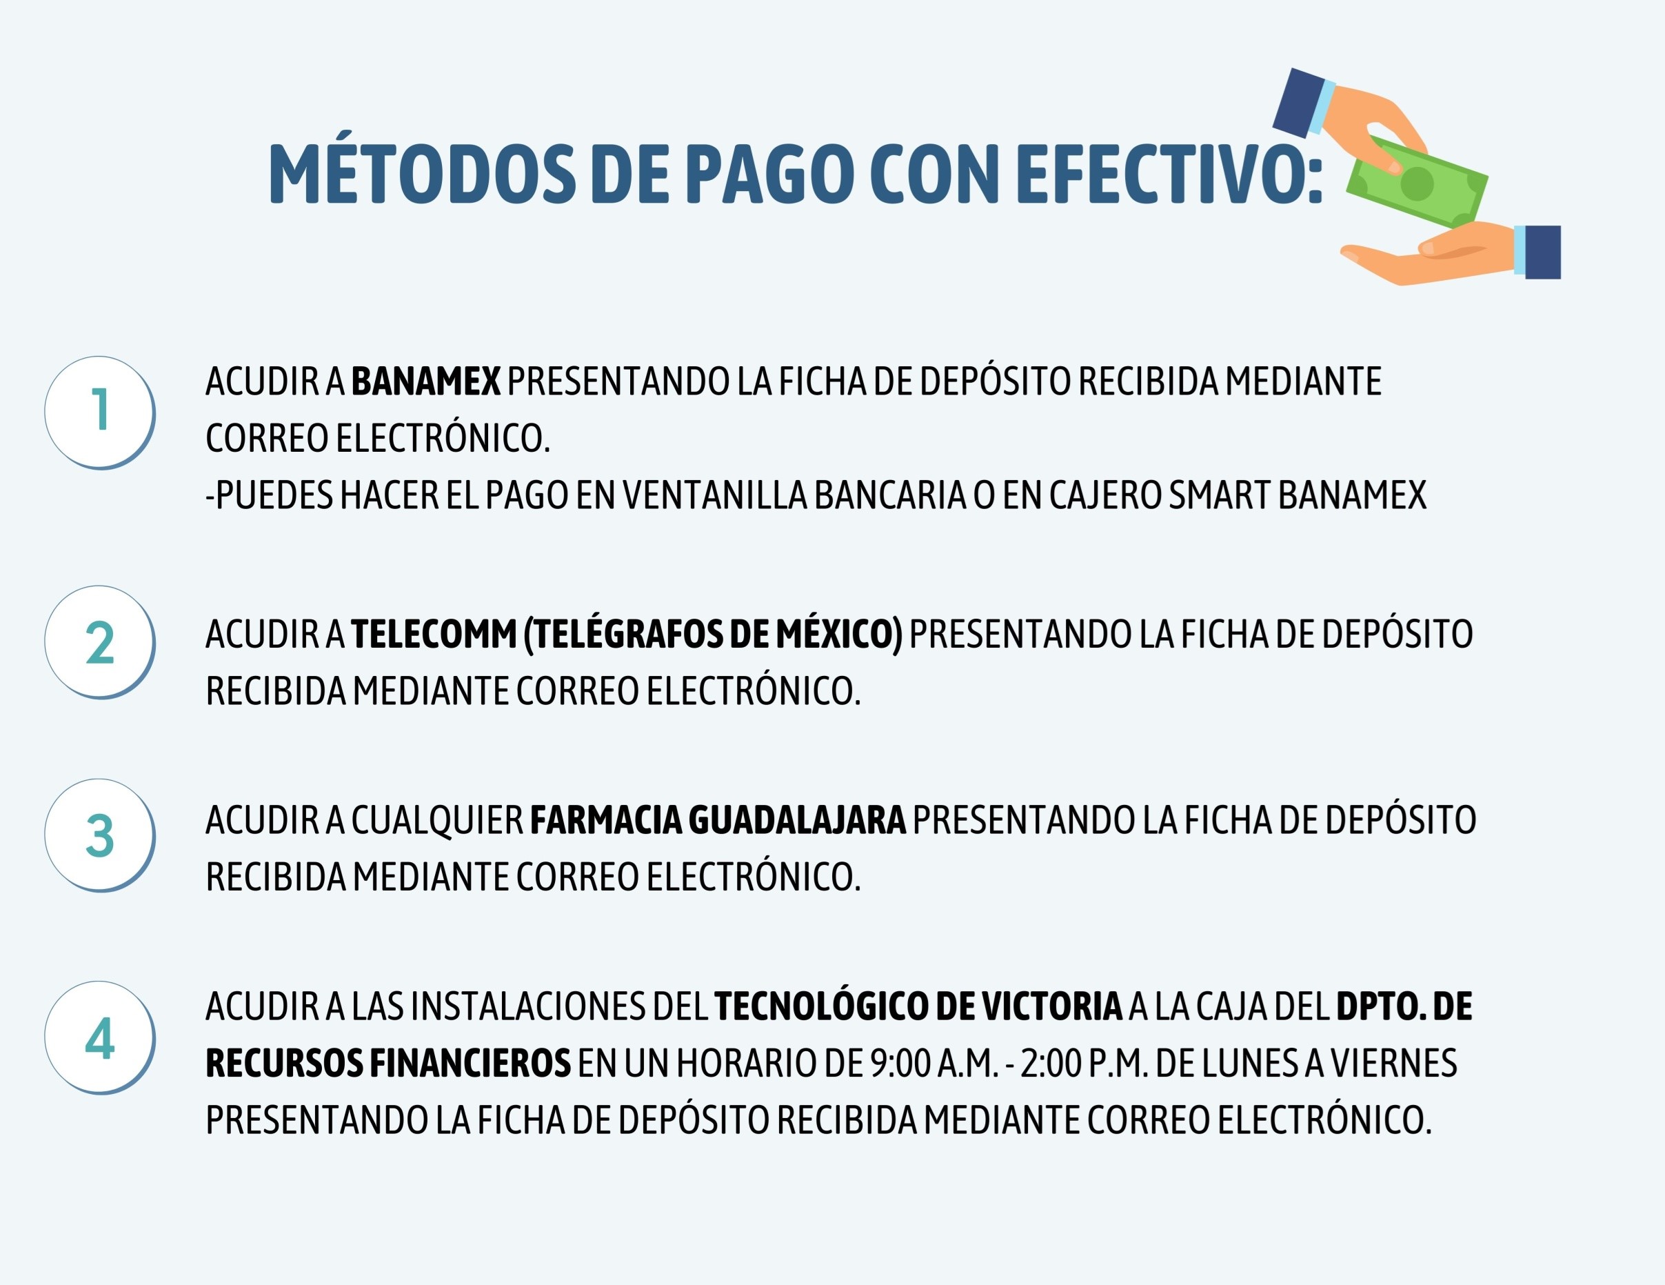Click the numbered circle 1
[x=100, y=412]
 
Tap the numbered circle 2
[x=100, y=642]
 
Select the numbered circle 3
[x=100, y=835]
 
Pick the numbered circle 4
[x=100, y=1038]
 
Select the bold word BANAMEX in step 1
[x=426, y=381]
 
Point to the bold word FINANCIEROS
[x=470, y=1063]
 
